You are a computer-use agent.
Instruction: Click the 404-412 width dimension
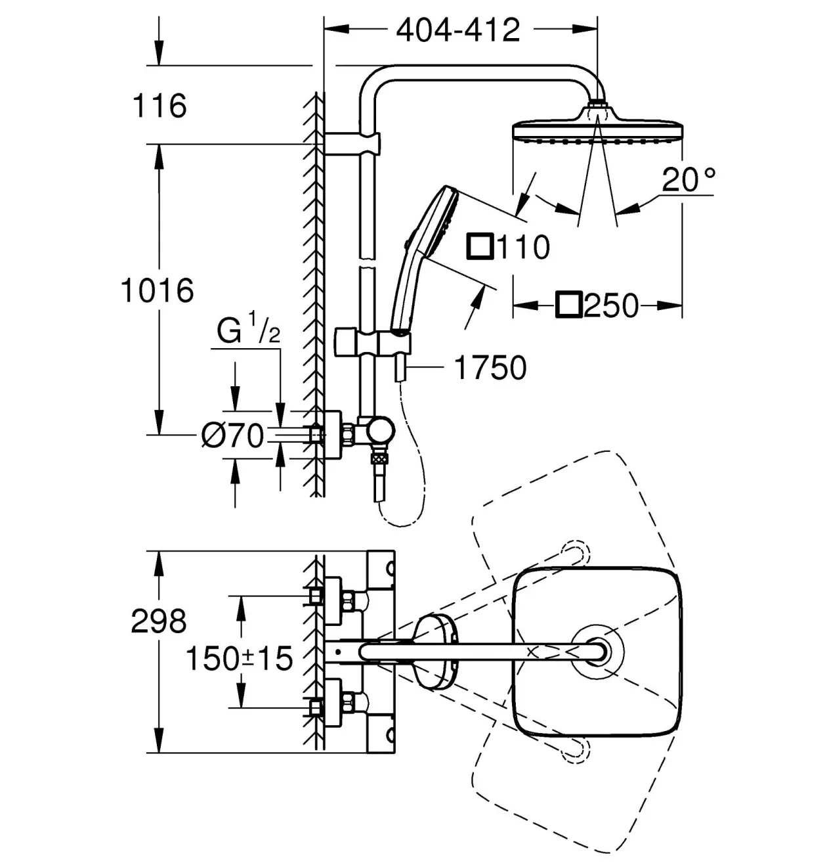[x=458, y=30]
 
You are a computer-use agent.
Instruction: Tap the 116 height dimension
[x=159, y=106]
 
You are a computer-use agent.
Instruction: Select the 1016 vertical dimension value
[x=157, y=290]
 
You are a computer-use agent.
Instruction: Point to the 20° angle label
[x=688, y=179]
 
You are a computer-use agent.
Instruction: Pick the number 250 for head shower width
[x=611, y=305]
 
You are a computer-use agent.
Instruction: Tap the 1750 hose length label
[x=490, y=368]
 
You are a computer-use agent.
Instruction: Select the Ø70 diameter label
[x=232, y=435]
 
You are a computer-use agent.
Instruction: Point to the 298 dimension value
[x=159, y=621]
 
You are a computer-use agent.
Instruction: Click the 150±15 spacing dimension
[x=240, y=658]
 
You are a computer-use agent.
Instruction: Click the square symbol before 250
[x=569, y=304]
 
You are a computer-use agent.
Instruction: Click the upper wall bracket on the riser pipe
[x=352, y=143]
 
